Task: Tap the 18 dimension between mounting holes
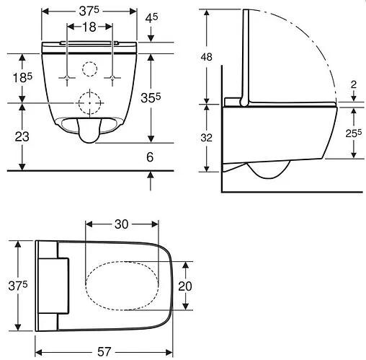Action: point(89,27)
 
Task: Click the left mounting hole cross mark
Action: point(67,76)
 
